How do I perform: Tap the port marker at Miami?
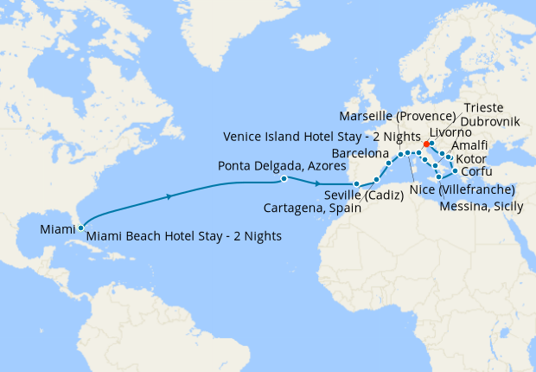80,228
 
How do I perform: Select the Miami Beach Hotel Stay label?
185,235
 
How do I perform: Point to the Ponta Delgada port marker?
284,179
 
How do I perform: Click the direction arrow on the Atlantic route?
169,197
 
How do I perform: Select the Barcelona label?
362,152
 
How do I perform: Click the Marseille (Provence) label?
397,116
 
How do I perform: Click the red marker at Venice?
426,144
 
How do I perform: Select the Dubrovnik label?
491,122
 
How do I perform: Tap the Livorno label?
450,133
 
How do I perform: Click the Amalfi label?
469,146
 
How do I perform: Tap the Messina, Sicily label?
482,206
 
